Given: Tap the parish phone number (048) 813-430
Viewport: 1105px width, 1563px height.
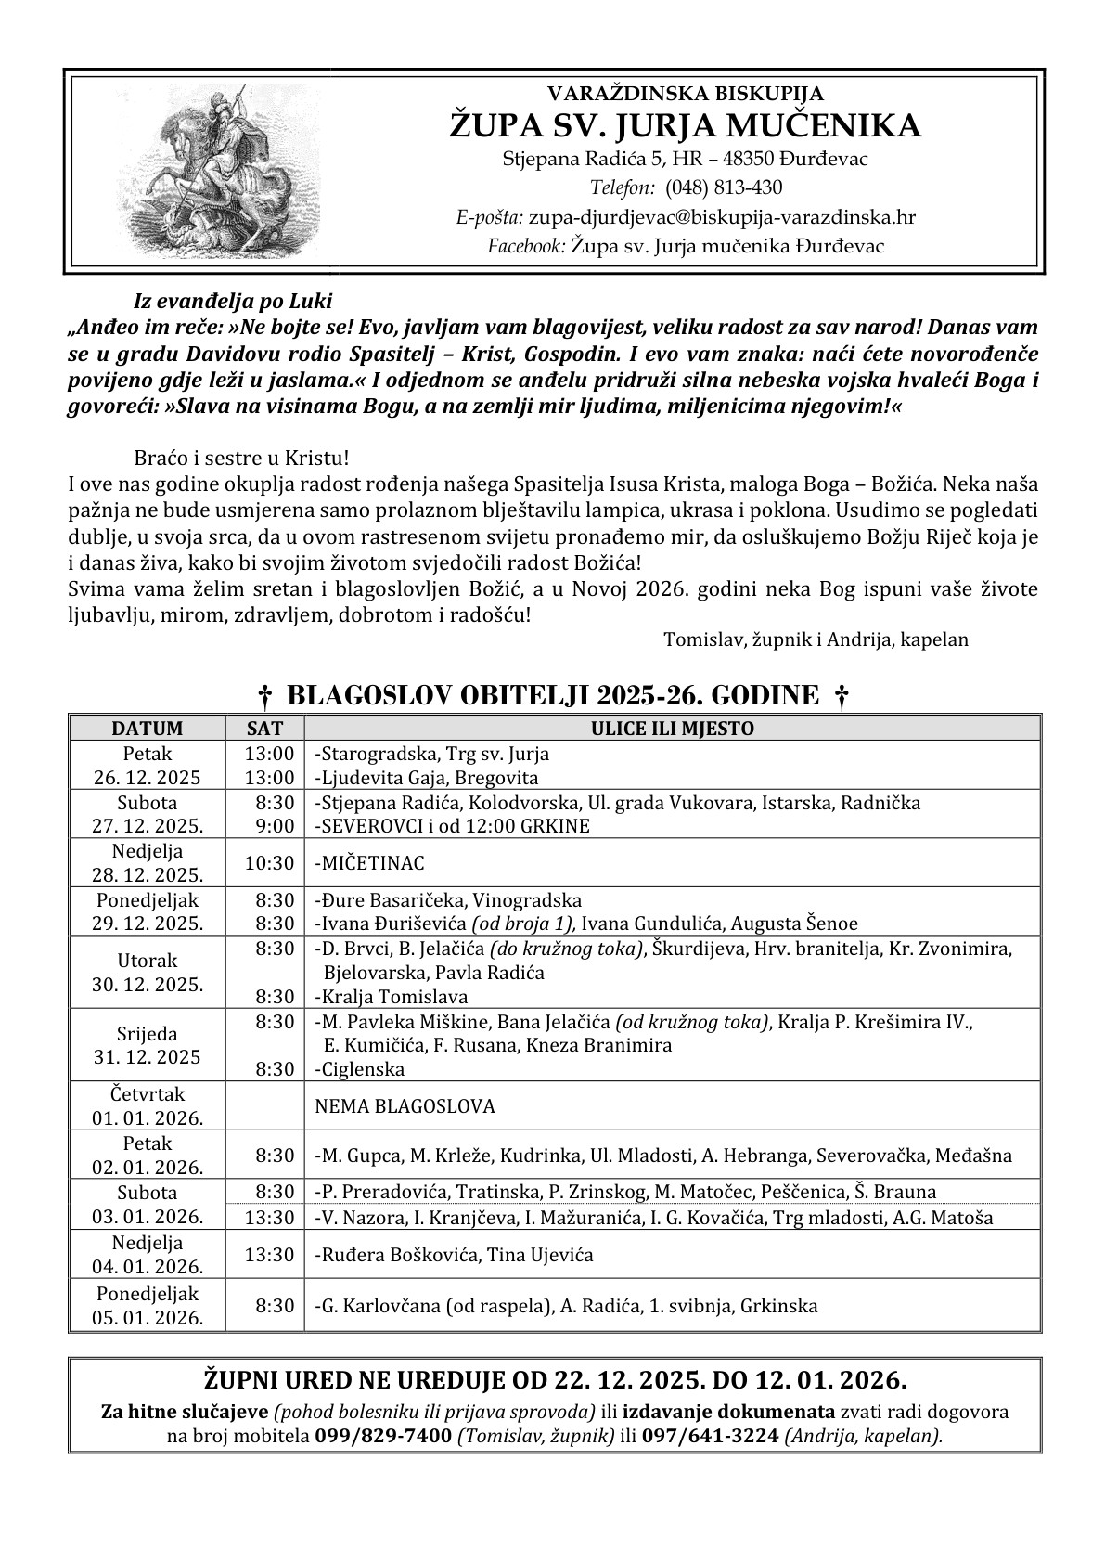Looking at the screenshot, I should coord(723,187).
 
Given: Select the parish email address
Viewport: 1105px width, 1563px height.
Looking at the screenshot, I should coord(722,217).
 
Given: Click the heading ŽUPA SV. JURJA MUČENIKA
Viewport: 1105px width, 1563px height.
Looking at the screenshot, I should coord(686,125).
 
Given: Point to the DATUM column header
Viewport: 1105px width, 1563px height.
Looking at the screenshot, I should coord(148,729).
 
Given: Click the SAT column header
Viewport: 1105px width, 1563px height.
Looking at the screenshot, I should coord(264,729).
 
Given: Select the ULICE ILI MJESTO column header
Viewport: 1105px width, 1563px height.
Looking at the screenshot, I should coord(672,729).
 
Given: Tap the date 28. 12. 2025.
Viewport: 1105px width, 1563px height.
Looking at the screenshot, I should coord(148,874).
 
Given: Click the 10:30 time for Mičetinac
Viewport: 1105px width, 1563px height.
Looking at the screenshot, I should coord(269,863).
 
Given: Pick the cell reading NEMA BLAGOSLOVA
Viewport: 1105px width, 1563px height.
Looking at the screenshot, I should coord(405,1106).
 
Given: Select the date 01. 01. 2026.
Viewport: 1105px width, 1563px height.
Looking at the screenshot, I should coord(148,1117).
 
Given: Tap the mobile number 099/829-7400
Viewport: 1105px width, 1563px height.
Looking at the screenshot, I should coord(383,1436).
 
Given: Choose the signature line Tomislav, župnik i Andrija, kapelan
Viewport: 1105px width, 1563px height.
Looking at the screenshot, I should coord(816,639).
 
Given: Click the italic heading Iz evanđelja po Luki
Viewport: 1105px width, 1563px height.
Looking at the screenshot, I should coord(232,301).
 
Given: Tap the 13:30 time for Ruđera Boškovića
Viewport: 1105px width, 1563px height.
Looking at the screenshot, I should coord(269,1255).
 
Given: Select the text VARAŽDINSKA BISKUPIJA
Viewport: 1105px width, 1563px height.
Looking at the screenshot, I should coord(686,93).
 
